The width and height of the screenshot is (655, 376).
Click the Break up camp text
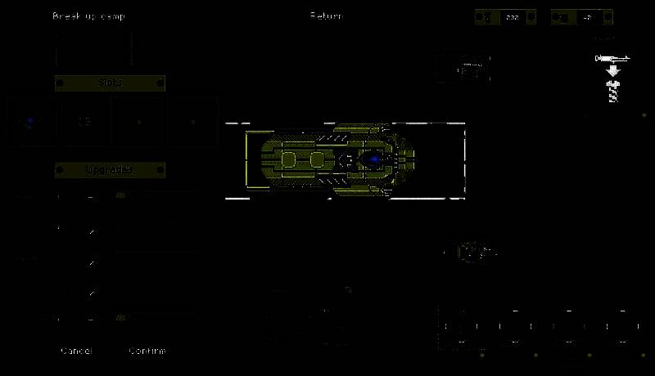[x=89, y=16]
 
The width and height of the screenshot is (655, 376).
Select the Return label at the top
[x=326, y=16]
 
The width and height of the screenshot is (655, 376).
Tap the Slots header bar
[x=110, y=83]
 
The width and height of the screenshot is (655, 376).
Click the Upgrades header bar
[x=110, y=169]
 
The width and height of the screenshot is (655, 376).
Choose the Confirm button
[x=147, y=351]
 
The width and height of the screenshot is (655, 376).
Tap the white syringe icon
[x=612, y=58]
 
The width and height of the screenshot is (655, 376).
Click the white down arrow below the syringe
[x=612, y=71]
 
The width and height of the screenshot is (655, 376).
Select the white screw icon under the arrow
[x=612, y=92]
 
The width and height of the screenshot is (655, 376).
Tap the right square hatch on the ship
[x=317, y=159]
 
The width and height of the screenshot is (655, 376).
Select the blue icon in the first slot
[x=31, y=122]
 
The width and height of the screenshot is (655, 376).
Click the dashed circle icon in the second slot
[x=84, y=122]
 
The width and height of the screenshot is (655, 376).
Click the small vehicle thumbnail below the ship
[x=472, y=253]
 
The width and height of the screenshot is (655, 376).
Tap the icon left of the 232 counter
[x=487, y=17]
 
